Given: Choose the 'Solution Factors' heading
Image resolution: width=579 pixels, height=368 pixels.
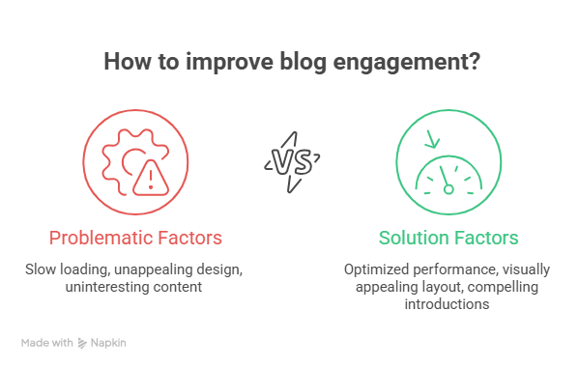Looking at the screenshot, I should tap(449, 237).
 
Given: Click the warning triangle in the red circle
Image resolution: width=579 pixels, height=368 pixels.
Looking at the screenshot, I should tap(150, 176).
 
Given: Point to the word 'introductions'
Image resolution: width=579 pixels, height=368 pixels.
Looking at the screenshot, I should tap(449, 304).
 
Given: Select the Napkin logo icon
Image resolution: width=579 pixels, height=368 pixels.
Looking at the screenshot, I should tap(84, 342).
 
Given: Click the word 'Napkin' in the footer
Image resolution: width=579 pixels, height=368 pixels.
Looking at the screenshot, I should tap(109, 342).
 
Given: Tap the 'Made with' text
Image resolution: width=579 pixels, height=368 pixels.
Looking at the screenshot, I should tap(47, 342).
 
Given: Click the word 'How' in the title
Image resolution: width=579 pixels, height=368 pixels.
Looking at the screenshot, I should tap(126, 63).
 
